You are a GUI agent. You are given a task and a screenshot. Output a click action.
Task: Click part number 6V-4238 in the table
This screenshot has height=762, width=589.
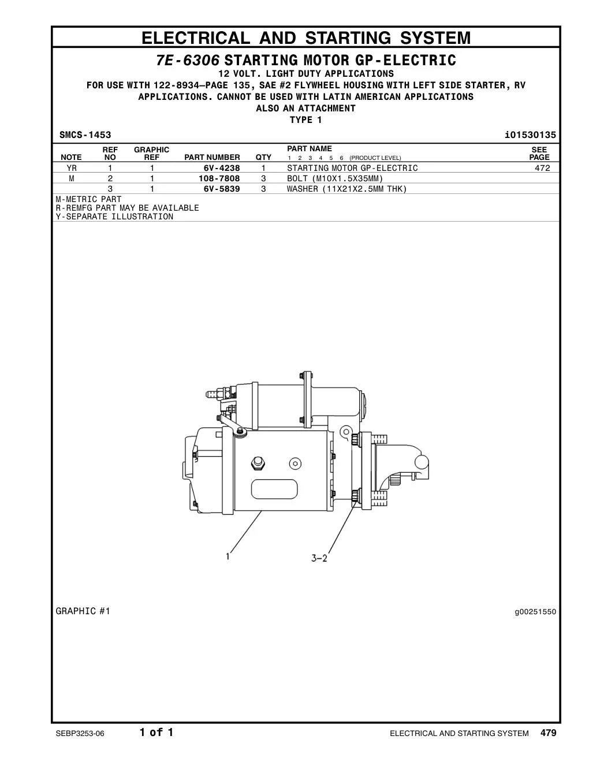coord(222,168)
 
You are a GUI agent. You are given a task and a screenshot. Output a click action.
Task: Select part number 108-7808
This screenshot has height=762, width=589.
coord(219,178)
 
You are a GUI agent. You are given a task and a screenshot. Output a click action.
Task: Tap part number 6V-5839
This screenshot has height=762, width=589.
coord(222,189)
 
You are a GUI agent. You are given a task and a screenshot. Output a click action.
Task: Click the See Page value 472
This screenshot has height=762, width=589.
coord(542,168)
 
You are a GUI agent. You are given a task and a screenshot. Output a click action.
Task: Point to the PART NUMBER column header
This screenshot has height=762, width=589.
coord(212,157)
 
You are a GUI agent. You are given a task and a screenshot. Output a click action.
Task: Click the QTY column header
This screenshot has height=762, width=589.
coord(263,157)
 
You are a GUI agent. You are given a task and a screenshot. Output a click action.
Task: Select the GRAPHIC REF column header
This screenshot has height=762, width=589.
coord(151,153)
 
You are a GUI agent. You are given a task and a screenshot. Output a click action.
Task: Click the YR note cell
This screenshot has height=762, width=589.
coord(72,168)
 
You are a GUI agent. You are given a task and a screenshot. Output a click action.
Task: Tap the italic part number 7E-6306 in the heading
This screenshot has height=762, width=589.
coord(188,60)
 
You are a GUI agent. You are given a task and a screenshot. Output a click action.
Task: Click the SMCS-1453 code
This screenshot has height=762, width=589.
coord(85,135)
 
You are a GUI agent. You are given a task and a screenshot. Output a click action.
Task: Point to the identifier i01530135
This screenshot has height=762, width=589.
coord(531,135)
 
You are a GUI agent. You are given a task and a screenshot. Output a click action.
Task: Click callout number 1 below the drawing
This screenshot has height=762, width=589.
coord(228,556)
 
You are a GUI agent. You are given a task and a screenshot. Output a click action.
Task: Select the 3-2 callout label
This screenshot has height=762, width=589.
coord(319,558)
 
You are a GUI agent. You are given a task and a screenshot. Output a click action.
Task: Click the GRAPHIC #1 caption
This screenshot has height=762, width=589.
coord(83,611)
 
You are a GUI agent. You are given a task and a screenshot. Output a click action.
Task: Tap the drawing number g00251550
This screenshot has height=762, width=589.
coord(535,612)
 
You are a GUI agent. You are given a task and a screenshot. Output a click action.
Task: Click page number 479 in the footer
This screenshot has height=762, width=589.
coord(549,733)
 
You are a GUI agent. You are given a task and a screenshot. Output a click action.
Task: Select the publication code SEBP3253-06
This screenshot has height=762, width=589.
coord(80,734)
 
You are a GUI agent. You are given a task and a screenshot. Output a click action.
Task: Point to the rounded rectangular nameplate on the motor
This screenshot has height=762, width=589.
coord(274,489)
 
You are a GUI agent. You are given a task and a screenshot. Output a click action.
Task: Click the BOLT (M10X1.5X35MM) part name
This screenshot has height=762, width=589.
coord(335,178)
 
